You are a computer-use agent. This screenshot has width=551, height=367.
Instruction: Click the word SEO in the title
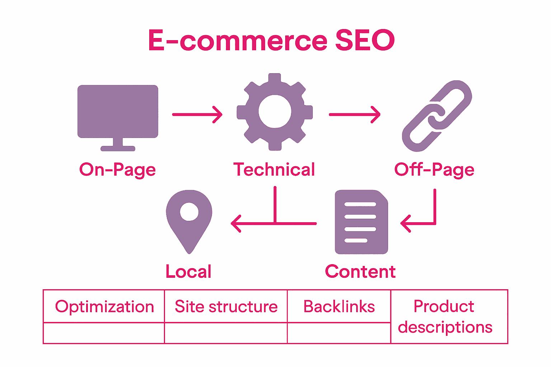365,40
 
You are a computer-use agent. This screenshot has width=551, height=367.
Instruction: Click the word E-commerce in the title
237,40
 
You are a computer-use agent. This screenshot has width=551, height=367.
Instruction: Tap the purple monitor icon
118,112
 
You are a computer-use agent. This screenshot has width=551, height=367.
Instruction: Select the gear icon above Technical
274,112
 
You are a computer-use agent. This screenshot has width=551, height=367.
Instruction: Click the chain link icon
437,116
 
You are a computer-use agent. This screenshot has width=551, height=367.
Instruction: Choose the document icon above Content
361,222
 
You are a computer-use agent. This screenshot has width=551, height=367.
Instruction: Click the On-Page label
118,170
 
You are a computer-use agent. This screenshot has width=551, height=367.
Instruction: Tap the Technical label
274,170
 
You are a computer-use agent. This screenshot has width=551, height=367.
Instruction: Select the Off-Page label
434,170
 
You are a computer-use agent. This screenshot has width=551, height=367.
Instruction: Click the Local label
188,271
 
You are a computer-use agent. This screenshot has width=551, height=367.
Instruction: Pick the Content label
360,271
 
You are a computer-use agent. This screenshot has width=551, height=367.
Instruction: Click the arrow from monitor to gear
197,115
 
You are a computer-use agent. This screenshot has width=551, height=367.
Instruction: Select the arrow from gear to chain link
354,115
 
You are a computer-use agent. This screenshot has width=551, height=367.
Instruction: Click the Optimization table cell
104,307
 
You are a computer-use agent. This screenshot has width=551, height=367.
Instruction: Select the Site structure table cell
226,307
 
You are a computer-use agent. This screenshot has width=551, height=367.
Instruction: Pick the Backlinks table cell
339,307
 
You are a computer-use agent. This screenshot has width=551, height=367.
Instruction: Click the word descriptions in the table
445,328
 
